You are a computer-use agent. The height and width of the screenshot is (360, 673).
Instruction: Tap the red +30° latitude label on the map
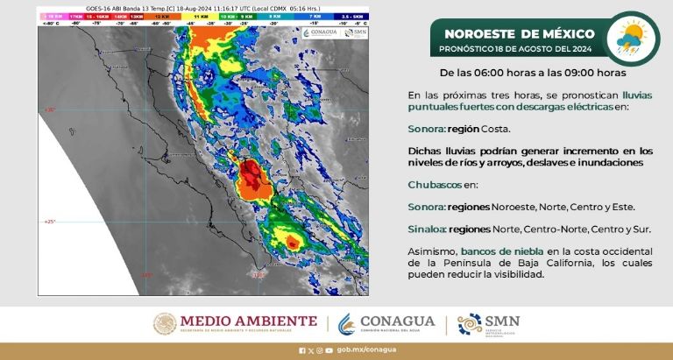[49, 109]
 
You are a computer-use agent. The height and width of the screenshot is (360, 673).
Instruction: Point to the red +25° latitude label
[49, 222]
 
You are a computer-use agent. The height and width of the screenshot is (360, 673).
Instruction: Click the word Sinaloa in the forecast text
[426, 229]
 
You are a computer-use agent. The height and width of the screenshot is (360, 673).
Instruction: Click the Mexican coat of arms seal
[166, 324]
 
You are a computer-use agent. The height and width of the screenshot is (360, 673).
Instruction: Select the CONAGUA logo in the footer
[386, 324]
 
